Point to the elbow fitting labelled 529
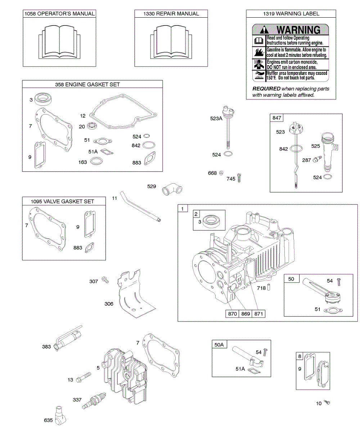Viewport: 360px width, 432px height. pyautogui.click(x=173, y=188)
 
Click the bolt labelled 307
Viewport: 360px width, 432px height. pyautogui.click(x=105, y=279)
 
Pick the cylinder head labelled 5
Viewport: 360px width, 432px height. pyautogui.click(x=124, y=374)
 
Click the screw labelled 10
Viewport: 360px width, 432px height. pyautogui.click(x=327, y=402)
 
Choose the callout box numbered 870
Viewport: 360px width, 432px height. pyautogui.click(x=233, y=314)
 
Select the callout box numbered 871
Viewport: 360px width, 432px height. pyautogui.click(x=258, y=314)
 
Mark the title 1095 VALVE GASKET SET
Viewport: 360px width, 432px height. pyautogui.click(x=64, y=201)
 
